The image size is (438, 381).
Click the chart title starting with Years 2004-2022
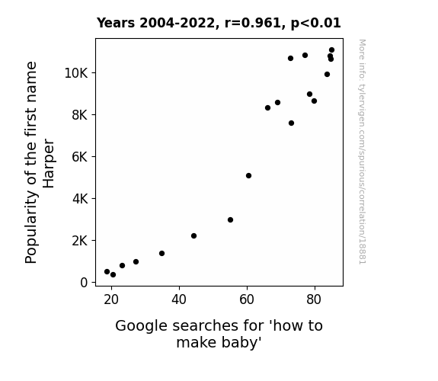(x=219, y=23)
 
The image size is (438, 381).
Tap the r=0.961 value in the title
(x=253, y=23)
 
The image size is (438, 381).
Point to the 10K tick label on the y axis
(x=76, y=73)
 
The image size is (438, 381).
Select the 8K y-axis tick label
(x=80, y=115)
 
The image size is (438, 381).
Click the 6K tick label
(x=80, y=157)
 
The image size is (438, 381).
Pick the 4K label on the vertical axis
(x=80, y=199)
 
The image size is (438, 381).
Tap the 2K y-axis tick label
(x=80, y=241)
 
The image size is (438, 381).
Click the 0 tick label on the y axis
(x=84, y=283)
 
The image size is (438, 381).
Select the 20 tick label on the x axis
(x=111, y=299)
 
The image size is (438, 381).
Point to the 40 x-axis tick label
(x=179, y=299)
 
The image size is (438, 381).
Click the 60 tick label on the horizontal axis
(x=247, y=299)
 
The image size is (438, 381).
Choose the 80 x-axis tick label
(x=314, y=299)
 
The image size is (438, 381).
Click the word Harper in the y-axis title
(x=49, y=163)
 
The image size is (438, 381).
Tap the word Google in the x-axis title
(x=142, y=326)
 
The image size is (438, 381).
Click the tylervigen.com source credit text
(x=363, y=152)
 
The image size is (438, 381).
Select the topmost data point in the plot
(x=331, y=50)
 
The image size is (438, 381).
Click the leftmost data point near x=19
(x=107, y=272)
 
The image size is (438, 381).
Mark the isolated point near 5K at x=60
(x=248, y=175)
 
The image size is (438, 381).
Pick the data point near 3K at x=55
(x=231, y=220)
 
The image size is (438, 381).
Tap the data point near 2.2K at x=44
(x=193, y=236)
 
